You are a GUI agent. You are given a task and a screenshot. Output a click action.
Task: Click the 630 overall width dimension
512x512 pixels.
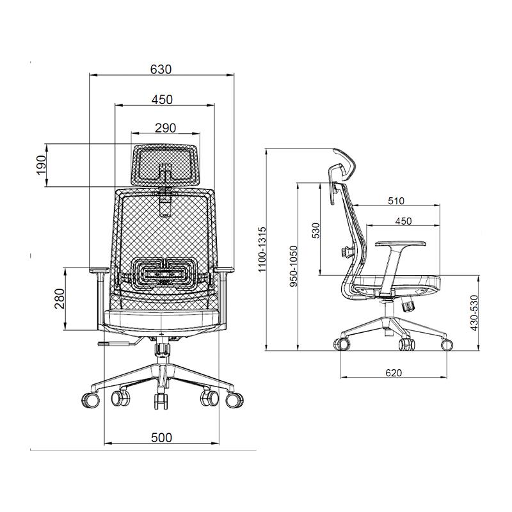pyautogui.click(x=161, y=69)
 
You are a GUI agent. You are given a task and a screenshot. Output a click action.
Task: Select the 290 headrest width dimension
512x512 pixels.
pyautogui.click(x=165, y=127)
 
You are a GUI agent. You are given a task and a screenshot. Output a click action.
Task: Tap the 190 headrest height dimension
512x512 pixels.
pyautogui.click(x=42, y=165)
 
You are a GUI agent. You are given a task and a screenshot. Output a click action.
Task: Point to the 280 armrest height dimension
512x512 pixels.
pyautogui.click(x=60, y=298)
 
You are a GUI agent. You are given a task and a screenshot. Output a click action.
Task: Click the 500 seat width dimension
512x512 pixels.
pyautogui.click(x=161, y=438)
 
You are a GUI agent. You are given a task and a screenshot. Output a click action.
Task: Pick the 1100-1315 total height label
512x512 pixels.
pyautogui.click(x=262, y=250)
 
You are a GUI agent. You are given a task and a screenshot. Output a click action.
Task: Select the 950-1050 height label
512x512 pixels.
pyautogui.click(x=294, y=266)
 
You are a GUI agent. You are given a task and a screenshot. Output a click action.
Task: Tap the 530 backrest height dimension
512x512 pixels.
pyautogui.click(x=316, y=230)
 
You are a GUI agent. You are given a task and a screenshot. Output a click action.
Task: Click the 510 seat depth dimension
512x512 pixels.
pyautogui.click(x=396, y=200)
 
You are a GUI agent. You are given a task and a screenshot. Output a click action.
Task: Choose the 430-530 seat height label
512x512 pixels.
pyautogui.click(x=474, y=313)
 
